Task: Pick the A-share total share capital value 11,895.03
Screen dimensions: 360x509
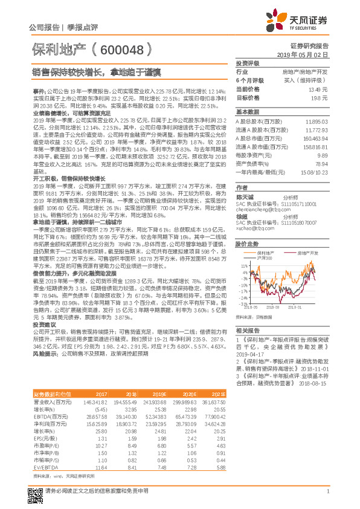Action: click(x=315, y=122)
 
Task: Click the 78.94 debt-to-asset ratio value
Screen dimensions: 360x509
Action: click(x=320, y=163)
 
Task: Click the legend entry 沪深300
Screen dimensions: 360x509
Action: click(x=266, y=259)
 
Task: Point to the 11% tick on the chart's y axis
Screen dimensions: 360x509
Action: click(x=243, y=265)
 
